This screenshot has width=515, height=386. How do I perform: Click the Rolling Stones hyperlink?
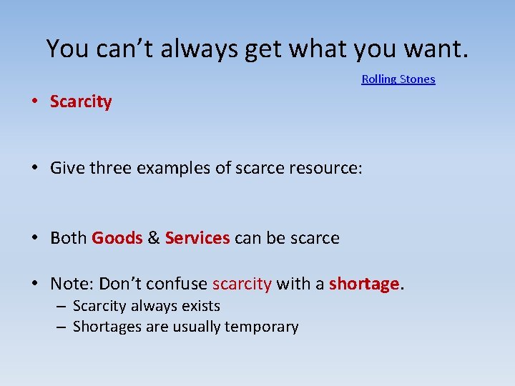click(x=398, y=79)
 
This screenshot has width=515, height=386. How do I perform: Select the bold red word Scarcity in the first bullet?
click(x=81, y=102)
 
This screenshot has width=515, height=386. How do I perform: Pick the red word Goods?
click(x=117, y=238)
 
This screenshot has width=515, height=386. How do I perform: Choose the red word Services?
click(x=197, y=238)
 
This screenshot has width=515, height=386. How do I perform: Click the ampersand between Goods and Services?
click(x=154, y=238)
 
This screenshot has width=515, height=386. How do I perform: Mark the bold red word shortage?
click(x=363, y=284)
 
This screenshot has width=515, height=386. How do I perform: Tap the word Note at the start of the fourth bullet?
click(x=70, y=284)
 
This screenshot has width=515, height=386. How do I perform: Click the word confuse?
click(x=180, y=284)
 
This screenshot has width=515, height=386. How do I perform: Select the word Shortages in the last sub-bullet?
click(x=104, y=327)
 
